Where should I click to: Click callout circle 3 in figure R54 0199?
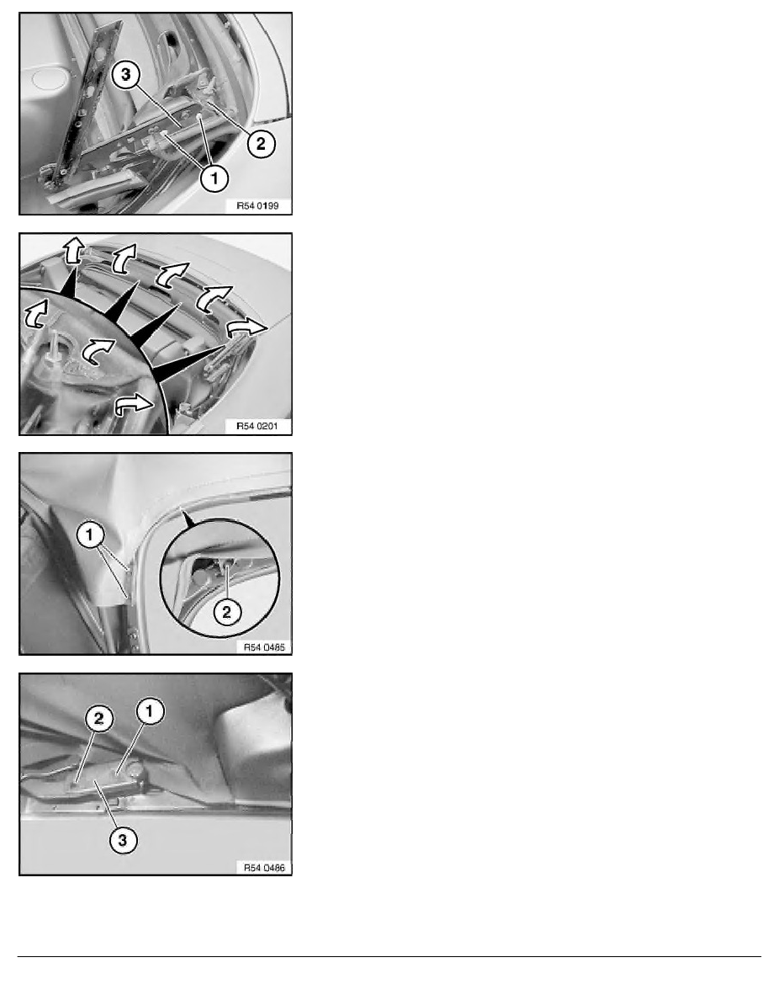(124, 77)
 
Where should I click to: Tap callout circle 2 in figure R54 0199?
(261, 143)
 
